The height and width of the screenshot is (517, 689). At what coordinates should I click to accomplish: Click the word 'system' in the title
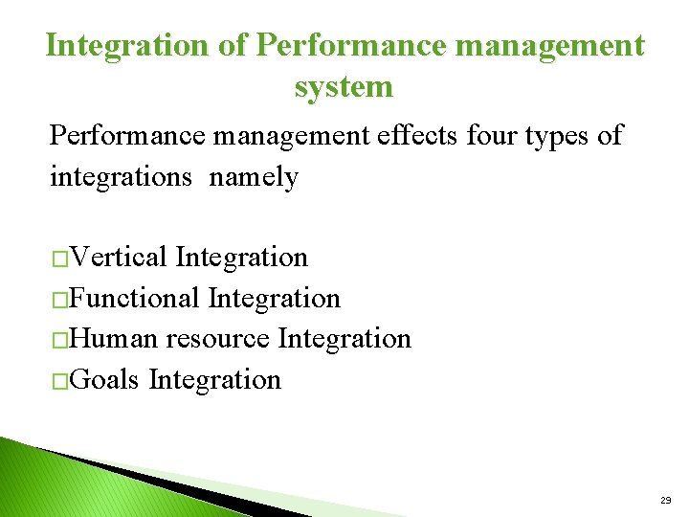[x=344, y=87]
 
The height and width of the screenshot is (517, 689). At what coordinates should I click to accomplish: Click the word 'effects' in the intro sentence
[x=415, y=136]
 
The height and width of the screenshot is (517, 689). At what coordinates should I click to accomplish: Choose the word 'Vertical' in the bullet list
[x=120, y=258]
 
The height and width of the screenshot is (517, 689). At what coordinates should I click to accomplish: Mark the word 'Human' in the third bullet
[x=115, y=339]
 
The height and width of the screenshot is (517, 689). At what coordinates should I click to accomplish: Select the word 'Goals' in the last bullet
[x=105, y=380]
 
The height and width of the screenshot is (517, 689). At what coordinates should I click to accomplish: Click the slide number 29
[x=665, y=501]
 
